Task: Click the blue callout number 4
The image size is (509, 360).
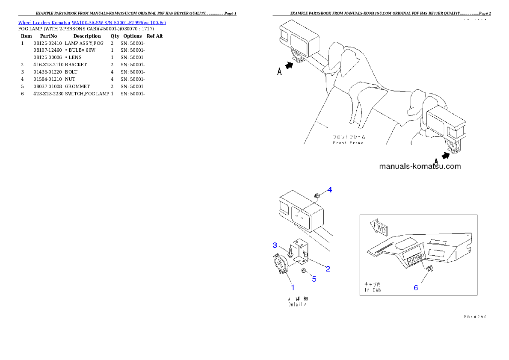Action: tap(330, 189)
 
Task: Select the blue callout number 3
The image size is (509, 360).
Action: tap(275, 245)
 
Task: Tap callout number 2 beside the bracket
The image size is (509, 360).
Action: tap(328, 269)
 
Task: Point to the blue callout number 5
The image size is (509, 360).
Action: tap(314, 279)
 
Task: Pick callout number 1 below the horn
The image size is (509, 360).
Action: tap(293, 288)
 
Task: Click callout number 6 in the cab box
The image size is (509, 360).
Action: tap(416, 288)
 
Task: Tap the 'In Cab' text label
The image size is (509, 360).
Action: tap(372, 290)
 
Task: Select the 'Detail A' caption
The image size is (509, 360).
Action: tap(297, 304)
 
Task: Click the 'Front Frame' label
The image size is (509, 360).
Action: tap(348, 142)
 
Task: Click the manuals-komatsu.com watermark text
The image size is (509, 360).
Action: tap(420, 166)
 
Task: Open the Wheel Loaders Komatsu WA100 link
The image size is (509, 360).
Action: tap(92, 22)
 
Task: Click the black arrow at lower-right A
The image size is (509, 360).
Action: tap(446, 156)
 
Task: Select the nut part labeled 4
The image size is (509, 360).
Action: tap(317, 196)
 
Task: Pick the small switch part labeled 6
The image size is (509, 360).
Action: tap(430, 269)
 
